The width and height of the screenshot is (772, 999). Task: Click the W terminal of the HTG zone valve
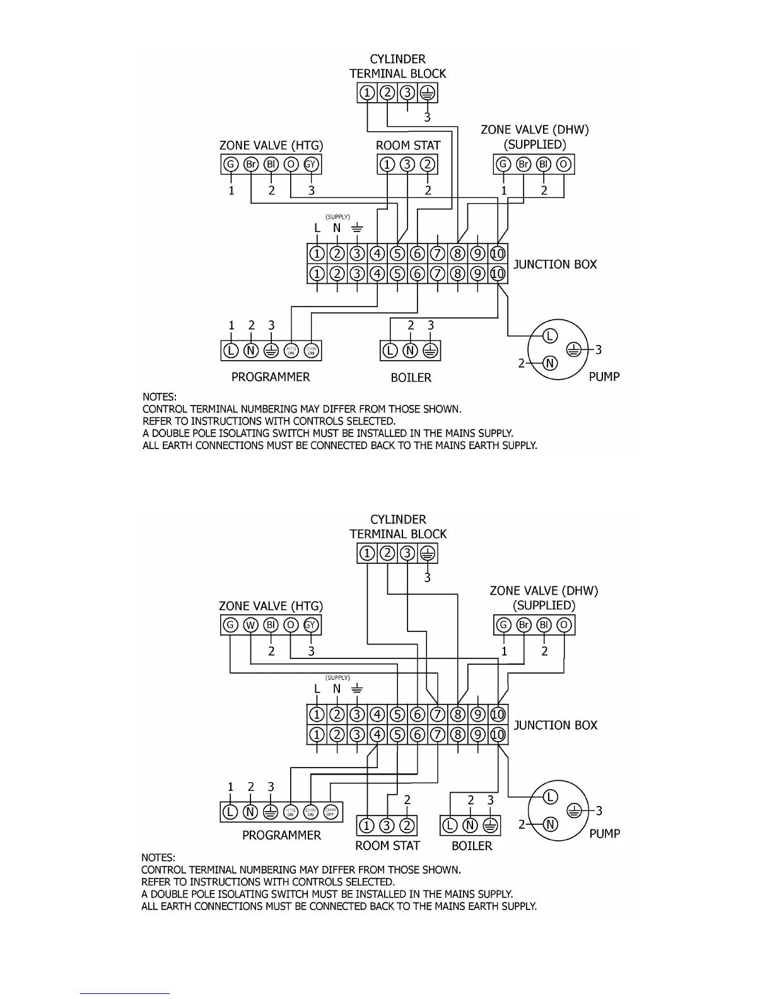click(251, 625)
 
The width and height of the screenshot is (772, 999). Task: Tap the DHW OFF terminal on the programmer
click(330, 812)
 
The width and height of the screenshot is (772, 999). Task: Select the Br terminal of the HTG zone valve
click(251, 165)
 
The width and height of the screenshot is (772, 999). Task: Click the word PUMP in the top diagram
click(604, 377)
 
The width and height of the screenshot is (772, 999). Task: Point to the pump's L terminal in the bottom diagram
click(550, 798)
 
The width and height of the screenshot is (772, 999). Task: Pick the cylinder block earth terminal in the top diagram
click(428, 93)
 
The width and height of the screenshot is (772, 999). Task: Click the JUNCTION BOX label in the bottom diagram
click(556, 725)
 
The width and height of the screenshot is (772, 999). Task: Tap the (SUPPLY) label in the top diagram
click(337, 217)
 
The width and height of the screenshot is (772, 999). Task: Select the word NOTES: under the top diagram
click(160, 397)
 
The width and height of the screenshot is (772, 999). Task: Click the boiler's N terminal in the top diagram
click(411, 351)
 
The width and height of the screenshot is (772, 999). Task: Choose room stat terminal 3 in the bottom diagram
click(387, 826)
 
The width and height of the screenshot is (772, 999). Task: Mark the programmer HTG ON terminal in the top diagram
click(291, 351)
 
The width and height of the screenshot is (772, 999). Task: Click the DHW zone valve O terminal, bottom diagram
click(564, 625)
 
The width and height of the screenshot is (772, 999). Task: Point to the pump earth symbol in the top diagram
click(573, 349)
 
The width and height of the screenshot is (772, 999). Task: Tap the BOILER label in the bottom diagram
click(472, 846)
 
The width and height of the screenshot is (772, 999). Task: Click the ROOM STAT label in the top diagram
click(408, 145)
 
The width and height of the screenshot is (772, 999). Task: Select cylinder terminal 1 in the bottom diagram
click(367, 554)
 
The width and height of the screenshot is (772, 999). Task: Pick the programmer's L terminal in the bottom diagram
click(231, 812)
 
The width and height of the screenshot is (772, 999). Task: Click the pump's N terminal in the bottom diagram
click(550, 824)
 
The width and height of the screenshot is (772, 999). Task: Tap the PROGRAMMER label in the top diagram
click(271, 377)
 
